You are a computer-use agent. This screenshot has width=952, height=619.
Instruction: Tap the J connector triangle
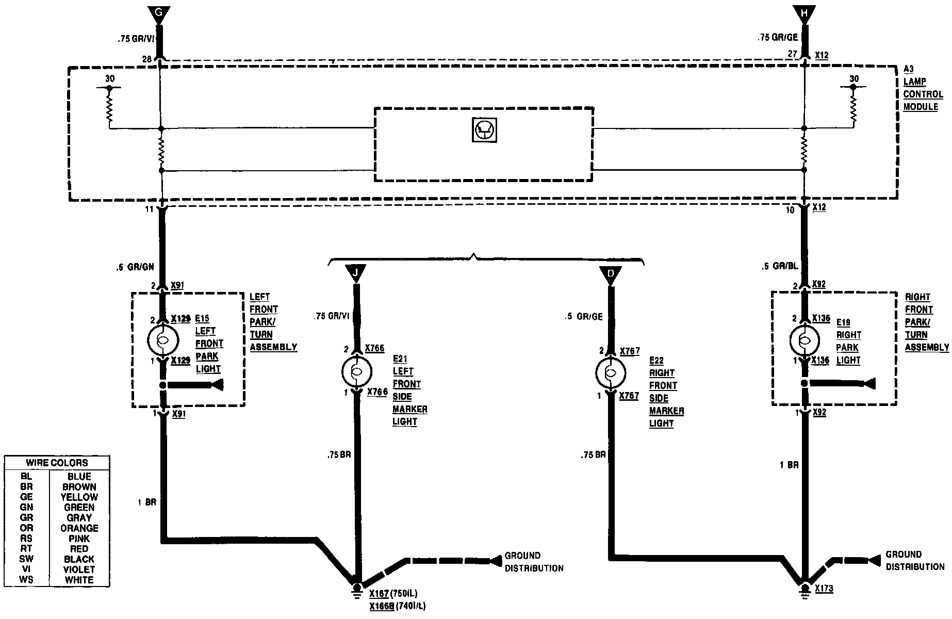click(x=356, y=272)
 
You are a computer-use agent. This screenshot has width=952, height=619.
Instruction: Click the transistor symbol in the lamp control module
click(x=484, y=130)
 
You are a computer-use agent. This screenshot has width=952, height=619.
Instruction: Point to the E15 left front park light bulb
click(x=163, y=340)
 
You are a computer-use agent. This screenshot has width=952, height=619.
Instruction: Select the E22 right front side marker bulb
click(x=611, y=373)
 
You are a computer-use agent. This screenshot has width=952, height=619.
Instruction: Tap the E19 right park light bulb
click(x=805, y=340)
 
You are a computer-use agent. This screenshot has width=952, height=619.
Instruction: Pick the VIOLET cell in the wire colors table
click(x=79, y=569)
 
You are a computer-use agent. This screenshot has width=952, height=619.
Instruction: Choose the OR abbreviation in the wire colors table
click(x=26, y=528)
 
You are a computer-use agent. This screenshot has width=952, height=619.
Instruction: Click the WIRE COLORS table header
click(x=57, y=463)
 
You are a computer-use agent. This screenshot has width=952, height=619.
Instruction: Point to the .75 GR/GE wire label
click(x=777, y=37)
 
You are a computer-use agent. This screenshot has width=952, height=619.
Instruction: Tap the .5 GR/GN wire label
click(x=135, y=268)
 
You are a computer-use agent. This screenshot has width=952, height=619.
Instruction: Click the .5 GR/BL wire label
click(x=780, y=266)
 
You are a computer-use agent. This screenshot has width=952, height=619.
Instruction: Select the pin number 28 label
click(x=147, y=59)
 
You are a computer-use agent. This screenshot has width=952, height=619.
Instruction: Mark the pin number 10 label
click(x=790, y=210)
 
